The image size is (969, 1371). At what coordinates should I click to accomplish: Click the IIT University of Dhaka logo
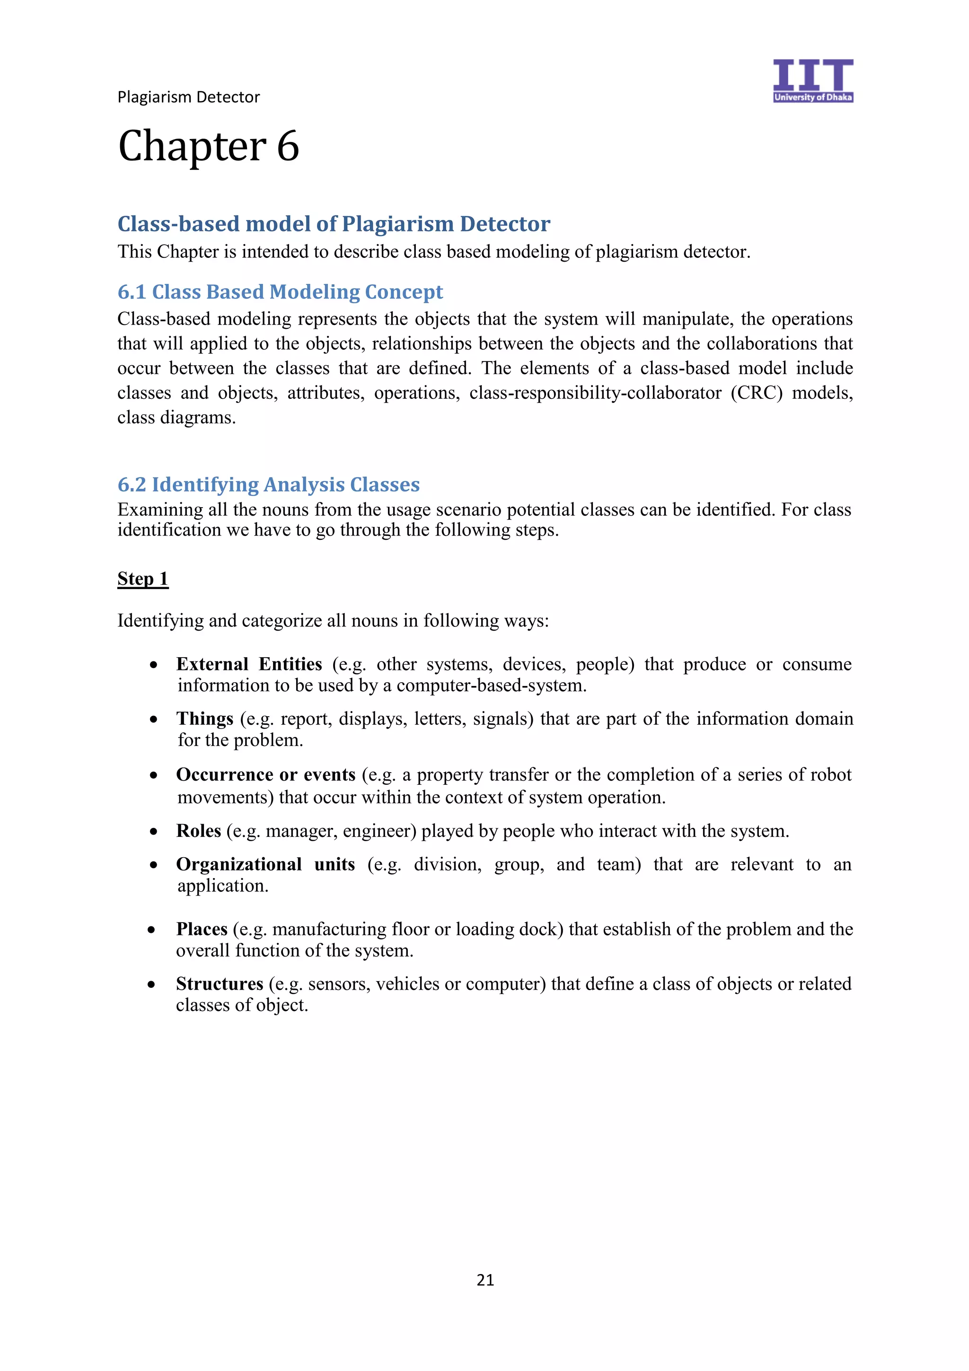(x=812, y=80)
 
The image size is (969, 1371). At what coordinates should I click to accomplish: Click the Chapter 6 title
(x=208, y=146)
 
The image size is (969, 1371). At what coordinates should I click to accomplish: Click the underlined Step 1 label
(x=143, y=579)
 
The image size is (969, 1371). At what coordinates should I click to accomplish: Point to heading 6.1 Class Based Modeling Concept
(x=280, y=291)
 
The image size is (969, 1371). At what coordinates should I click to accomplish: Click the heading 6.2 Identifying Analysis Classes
(x=268, y=484)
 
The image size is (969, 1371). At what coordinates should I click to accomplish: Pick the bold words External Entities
(x=249, y=664)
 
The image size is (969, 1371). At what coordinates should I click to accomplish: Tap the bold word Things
(x=205, y=718)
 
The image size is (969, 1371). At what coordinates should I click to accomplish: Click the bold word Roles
(x=199, y=831)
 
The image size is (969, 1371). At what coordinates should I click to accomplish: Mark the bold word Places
(x=202, y=929)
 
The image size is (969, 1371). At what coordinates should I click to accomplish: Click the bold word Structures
(x=220, y=984)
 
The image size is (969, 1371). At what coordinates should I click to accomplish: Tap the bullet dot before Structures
(x=152, y=984)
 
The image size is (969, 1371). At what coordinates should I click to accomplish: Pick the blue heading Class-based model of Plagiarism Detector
(x=333, y=224)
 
